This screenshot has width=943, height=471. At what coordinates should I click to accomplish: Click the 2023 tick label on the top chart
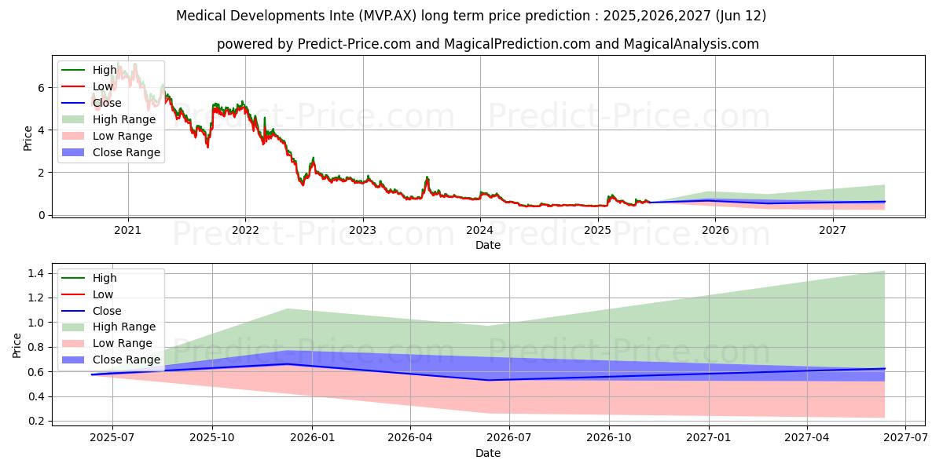[362, 231]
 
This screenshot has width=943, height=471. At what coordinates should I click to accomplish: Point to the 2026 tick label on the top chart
[715, 231]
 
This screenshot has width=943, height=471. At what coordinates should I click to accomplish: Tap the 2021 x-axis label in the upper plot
[127, 231]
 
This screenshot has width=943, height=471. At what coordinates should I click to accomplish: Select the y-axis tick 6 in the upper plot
[41, 88]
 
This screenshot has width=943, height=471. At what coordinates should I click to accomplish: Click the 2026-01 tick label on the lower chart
[312, 438]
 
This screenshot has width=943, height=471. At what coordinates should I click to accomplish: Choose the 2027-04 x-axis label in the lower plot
[807, 438]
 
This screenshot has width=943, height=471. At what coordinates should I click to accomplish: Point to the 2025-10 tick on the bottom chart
[212, 438]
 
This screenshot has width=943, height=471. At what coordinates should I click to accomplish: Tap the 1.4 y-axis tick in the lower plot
[36, 274]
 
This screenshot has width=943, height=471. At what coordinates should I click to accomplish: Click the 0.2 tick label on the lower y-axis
[36, 422]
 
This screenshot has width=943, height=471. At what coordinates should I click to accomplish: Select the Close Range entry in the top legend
[111, 152]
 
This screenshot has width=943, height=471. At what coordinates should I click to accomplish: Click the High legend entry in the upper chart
[90, 70]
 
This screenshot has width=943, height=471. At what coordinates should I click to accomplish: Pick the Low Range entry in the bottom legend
[107, 343]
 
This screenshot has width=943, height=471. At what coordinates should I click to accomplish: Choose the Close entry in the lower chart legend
[91, 311]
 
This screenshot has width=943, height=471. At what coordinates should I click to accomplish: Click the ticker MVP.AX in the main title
[387, 16]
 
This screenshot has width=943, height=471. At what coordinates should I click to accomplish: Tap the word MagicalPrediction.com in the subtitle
[517, 44]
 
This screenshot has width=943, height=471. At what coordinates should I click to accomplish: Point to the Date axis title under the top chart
[488, 245]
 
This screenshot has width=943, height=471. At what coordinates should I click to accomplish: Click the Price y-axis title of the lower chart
[17, 345]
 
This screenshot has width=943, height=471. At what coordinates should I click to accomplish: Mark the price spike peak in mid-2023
[427, 177]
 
